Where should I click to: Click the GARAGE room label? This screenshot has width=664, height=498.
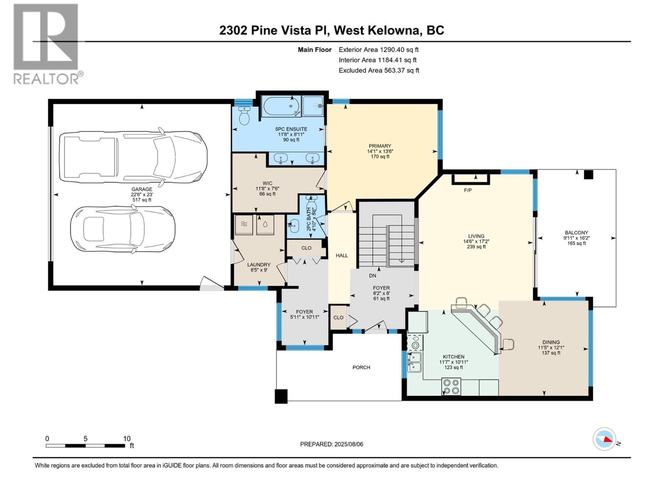(142, 189)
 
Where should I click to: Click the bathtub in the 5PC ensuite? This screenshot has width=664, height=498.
(281, 107)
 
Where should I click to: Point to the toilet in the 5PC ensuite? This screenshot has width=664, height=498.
(244, 115)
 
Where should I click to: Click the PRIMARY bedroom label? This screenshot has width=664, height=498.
(380, 146)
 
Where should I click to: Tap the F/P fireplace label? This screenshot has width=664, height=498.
(468, 190)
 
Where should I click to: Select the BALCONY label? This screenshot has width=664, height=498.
(576, 233)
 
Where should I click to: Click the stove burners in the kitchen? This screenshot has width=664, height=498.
(451, 387)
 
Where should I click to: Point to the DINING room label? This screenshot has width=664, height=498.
(551, 342)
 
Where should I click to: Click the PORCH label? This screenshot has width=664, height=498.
(361, 368)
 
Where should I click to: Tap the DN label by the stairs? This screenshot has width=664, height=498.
(372, 276)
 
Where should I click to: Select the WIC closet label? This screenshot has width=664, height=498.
(267, 183)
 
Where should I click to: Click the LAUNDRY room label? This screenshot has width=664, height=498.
(259, 265)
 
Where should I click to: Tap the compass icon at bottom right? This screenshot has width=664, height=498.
(604, 439)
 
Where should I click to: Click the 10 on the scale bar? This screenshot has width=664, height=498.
(127, 439)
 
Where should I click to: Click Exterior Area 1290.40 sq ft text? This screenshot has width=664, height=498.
(378, 50)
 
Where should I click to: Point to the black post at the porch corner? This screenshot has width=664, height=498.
(281, 396)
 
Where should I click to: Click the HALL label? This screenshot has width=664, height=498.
(342, 256)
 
